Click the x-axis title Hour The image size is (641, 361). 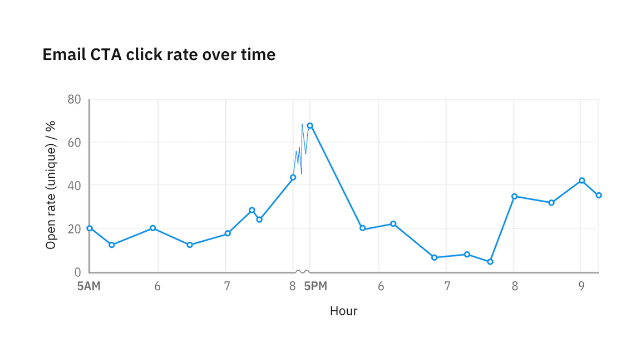[343, 311]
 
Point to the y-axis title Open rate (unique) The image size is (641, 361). [51, 185]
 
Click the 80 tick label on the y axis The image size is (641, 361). [74, 100]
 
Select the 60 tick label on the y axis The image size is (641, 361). [74, 143]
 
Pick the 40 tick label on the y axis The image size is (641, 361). [74, 186]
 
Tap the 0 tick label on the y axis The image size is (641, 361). [77, 272]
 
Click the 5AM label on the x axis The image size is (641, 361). [89, 286]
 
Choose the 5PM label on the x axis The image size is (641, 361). [315, 286]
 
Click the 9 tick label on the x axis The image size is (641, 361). [581, 286]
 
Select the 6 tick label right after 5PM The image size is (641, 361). [381, 286]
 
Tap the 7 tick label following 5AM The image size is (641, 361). [226, 286]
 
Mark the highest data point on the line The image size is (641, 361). [310, 125]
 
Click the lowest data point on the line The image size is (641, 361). [490, 262]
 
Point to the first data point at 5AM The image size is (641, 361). [90, 228]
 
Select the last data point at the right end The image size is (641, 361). [599, 195]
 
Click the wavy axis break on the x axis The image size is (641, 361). [302, 272]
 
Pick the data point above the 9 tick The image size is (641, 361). [581, 180]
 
